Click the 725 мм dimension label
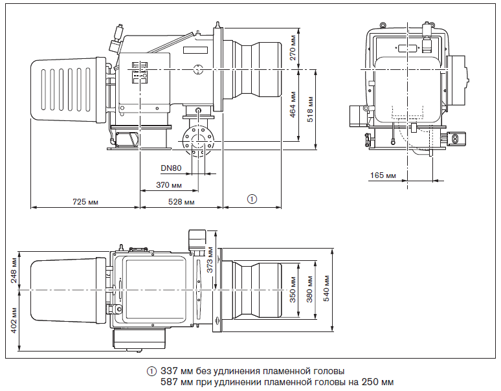[85, 202]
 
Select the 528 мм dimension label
[181, 202]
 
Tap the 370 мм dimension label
[169, 185]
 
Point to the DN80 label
[171, 168]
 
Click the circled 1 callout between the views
[252, 199]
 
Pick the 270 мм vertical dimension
[293, 48]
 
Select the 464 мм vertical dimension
[293, 105]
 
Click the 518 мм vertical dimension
[310, 109]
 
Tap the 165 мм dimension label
[383, 175]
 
